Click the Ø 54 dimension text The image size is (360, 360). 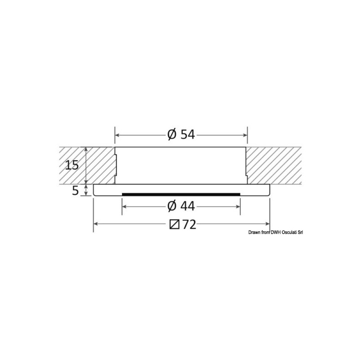point(181,134)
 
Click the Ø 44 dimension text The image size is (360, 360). point(181,206)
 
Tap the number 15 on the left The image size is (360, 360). point(72,165)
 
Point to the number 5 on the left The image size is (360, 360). point(75,190)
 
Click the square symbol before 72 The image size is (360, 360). point(175,224)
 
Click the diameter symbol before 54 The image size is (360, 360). point(172,134)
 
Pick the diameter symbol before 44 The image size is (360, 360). point(172,206)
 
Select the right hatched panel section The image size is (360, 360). point(273,165)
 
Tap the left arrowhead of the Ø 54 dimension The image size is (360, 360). point(117,134)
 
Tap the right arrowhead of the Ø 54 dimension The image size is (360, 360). point(245,134)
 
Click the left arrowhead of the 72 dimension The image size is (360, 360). point(96,224)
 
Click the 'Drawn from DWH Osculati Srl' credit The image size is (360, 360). point(275,232)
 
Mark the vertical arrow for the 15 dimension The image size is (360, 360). point(85,165)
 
